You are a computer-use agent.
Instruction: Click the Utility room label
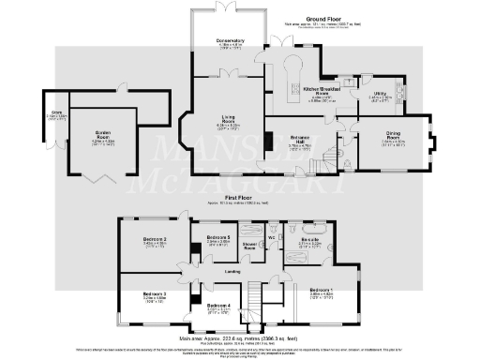[x=381, y=95]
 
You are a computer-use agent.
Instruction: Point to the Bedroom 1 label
[x=321, y=289]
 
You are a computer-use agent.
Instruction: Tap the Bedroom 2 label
[x=155, y=240]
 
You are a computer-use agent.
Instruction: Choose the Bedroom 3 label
[x=156, y=294]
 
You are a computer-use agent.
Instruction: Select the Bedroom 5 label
[x=218, y=238]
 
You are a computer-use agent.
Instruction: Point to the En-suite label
[x=310, y=240]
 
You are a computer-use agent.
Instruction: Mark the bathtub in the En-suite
[x=308, y=228]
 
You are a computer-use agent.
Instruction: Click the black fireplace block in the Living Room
[x=267, y=142]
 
